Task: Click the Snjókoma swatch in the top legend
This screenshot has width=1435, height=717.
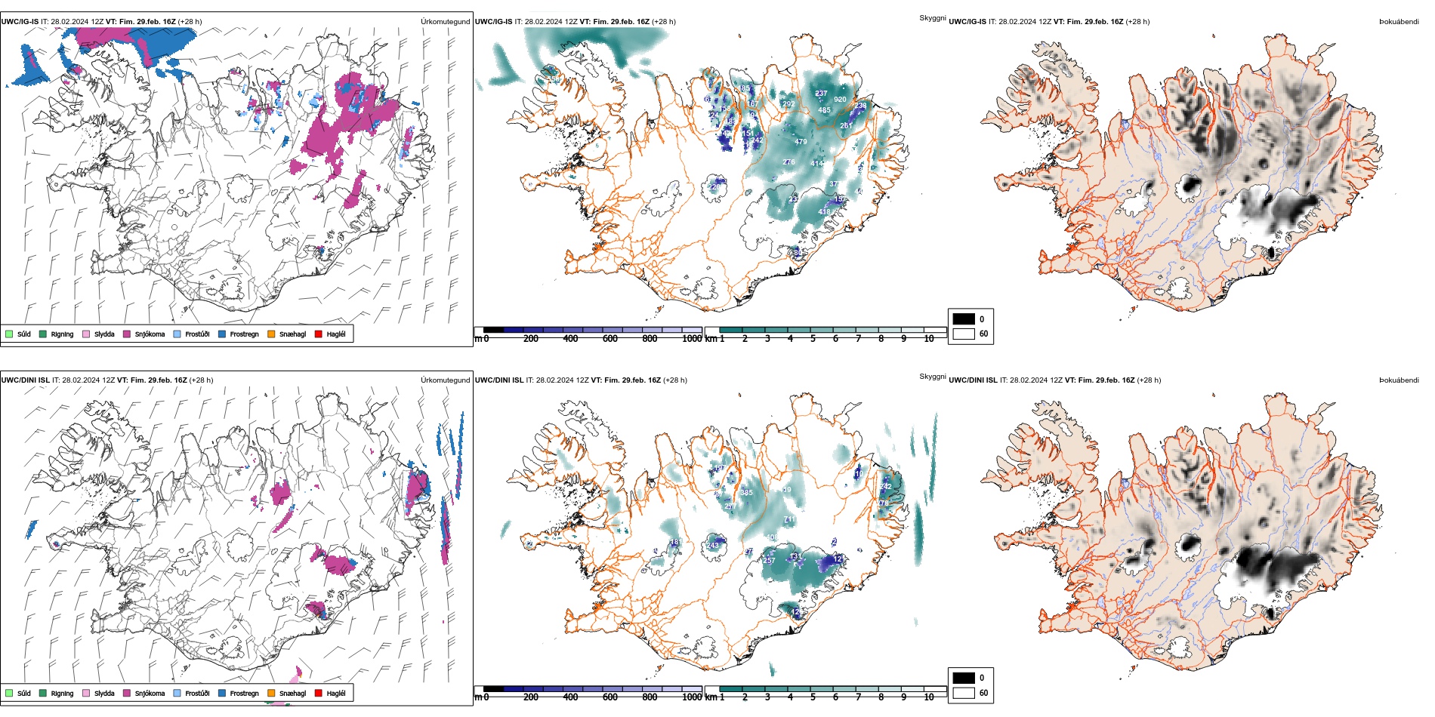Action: click(127, 334)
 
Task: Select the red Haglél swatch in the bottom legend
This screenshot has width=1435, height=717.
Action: click(319, 693)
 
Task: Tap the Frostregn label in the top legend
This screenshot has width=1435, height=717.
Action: click(244, 334)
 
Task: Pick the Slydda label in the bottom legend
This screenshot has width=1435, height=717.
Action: click(104, 694)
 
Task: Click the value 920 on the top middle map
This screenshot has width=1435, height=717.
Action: click(840, 100)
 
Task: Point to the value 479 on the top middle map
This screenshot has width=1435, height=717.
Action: click(801, 142)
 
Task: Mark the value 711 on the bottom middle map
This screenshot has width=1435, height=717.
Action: click(789, 519)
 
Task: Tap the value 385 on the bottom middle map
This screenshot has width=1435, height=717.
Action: click(746, 493)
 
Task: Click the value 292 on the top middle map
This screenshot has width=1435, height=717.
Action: click(788, 104)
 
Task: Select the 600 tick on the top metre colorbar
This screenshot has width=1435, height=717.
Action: click(610, 339)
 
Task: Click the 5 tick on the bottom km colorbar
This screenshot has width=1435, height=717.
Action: click(813, 697)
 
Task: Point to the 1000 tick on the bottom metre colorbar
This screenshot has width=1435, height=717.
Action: click(692, 697)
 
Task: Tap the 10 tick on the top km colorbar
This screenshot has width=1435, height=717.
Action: click(929, 339)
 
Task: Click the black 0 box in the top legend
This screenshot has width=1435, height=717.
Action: click(964, 318)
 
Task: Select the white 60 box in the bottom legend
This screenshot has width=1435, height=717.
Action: click(964, 693)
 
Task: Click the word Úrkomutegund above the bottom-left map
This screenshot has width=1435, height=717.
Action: click(445, 380)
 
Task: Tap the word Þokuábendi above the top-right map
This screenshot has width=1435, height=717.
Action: click(1399, 22)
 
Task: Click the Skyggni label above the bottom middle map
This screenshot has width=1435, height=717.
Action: click(932, 376)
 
